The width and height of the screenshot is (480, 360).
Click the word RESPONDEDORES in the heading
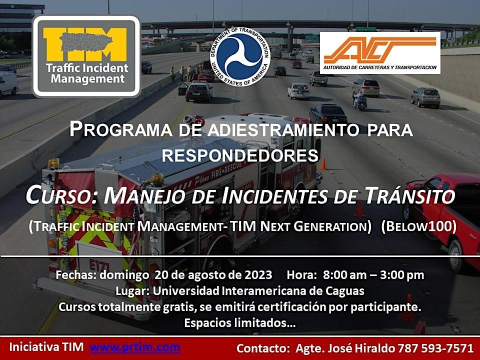[240, 155]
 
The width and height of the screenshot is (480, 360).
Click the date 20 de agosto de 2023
[213, 275]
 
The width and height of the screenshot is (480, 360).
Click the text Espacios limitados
[239, 323]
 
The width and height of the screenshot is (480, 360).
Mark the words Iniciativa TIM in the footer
[47, 346]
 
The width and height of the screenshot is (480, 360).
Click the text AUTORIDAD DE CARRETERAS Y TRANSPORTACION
[379, 67]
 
